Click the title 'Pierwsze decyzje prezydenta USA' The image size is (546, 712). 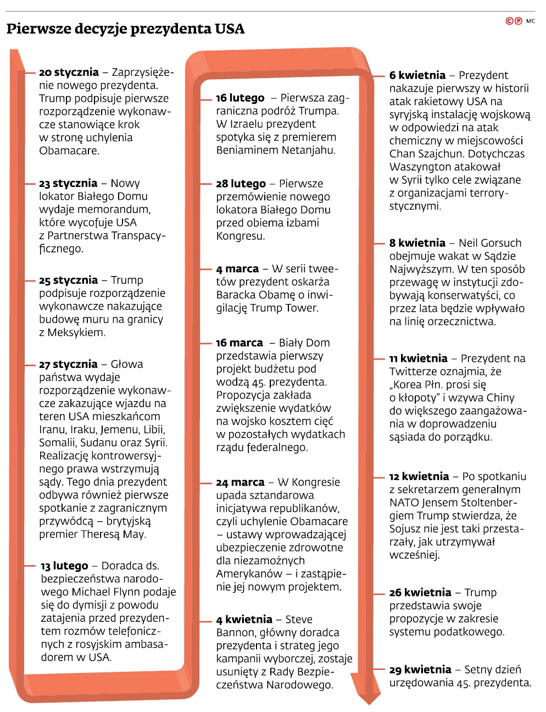coord(125,29)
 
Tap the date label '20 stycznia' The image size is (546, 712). coord(69,73)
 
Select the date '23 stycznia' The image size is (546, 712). coord(68,184)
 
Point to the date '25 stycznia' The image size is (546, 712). coord(68,280)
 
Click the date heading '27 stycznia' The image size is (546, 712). coord(68,365)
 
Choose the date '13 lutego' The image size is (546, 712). coord(64,566)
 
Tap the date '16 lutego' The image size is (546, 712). coord(240,98)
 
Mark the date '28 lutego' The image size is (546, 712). coord(241,184)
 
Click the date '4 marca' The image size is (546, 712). coord(237,269)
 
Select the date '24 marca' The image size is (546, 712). coord(240,483)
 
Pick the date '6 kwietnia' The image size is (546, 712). coord(417,75)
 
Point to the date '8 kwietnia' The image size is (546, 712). coord(417,243)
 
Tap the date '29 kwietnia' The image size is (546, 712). coord(420,670)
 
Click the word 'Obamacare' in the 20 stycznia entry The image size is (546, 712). coord(68,151)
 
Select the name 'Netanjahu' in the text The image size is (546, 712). coord(307,150)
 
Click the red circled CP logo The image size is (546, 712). coord(514,21)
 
